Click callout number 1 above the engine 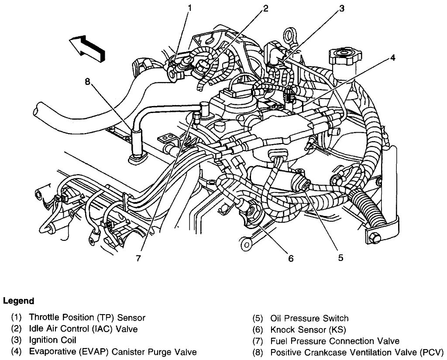(189, 7)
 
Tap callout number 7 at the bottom (138, 258)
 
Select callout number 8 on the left (87, 81)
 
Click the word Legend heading (18, 301)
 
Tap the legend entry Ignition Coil (52, 340)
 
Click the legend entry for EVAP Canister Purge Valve (112, 352)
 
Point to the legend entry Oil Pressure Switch (309, 318)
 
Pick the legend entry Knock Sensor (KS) (302, 329)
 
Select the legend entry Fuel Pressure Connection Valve (335, 341)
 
